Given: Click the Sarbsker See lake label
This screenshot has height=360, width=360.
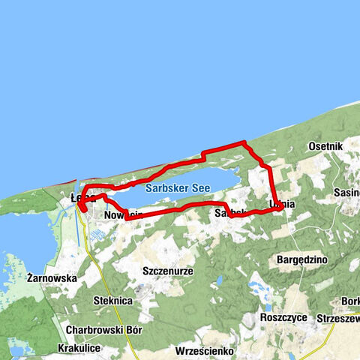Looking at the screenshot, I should pos(178,189).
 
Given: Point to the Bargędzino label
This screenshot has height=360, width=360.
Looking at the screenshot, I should pos(298,259).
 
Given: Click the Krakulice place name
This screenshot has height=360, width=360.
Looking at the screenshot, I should pos(82,349).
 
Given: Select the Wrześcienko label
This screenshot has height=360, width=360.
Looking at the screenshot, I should pos(204,350).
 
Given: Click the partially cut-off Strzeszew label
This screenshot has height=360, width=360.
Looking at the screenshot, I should pos(337,317).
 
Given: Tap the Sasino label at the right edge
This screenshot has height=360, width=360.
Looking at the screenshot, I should pos(347,193).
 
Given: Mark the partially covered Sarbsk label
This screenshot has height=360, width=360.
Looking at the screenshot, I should pos(229,214).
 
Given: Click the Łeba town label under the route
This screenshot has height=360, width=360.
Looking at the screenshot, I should pos(78,198).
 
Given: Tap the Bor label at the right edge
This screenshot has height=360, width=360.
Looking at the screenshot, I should pos(350,301).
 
